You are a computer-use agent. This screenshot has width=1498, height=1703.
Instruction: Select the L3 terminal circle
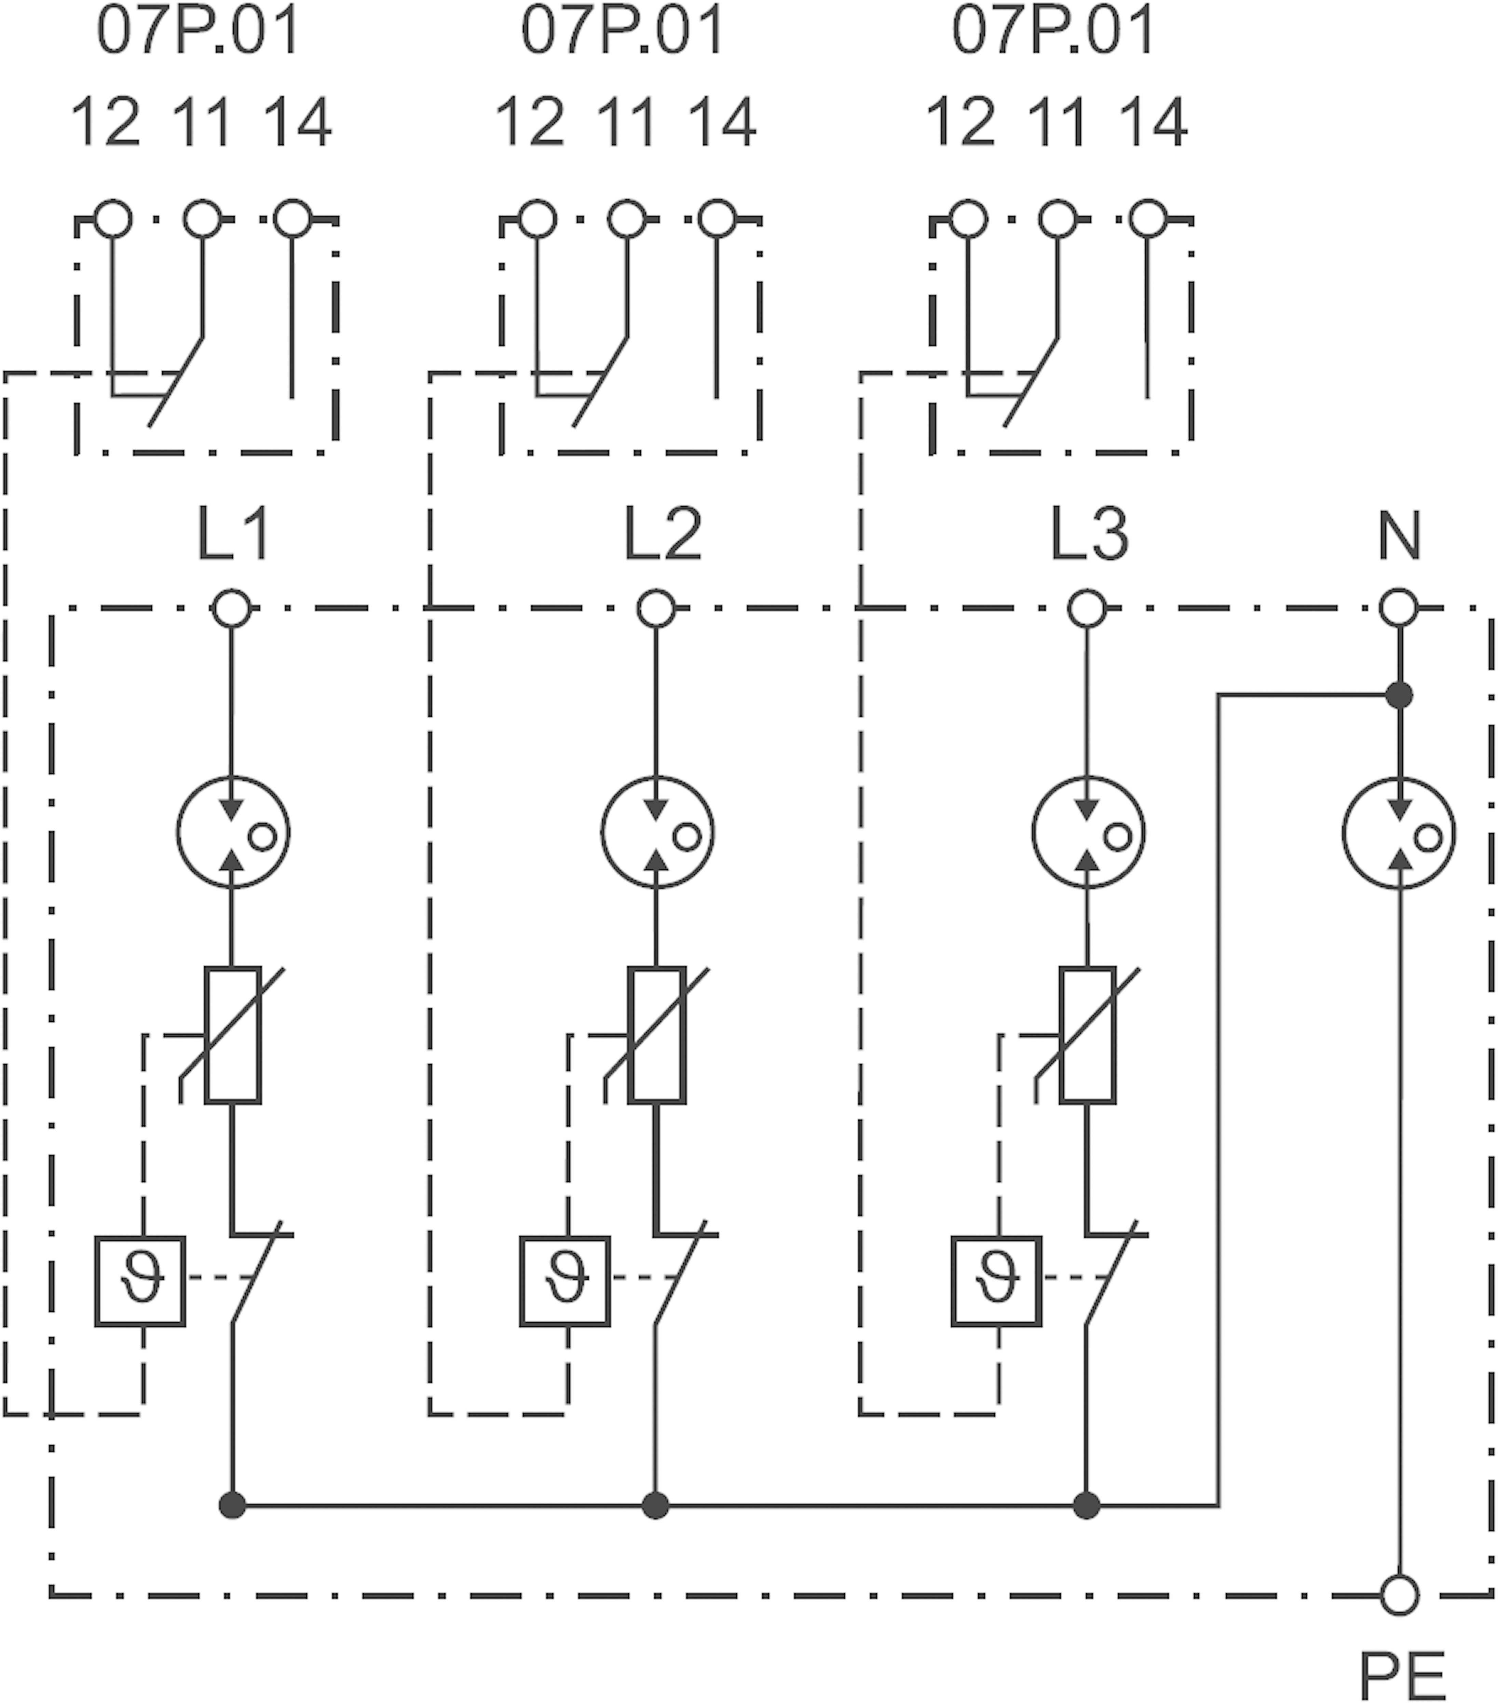click(1086, 608)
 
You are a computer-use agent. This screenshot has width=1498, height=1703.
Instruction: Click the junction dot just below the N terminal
click(1399, 694)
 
